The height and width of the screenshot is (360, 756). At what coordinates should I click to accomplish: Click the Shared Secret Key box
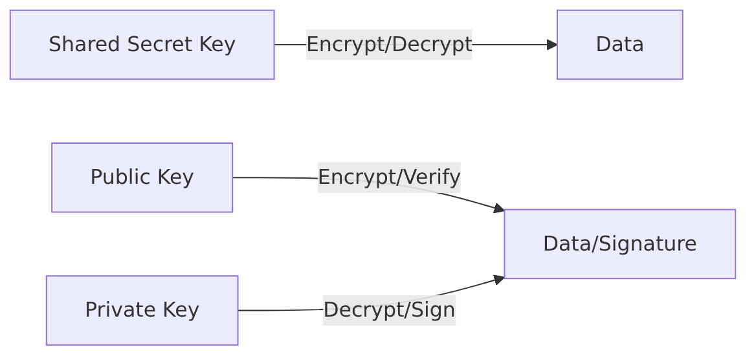click(x=142, y=45)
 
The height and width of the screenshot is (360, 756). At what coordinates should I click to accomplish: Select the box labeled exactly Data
click(x=620, y=45)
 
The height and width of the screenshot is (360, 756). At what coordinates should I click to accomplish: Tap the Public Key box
click(x=142, y=177)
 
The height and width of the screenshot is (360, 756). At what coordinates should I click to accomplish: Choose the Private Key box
click(x=142, y=310)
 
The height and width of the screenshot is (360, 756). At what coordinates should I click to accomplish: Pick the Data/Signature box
click(x=620, y=243)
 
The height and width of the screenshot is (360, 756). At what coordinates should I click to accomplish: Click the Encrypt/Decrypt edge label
click(x=389, y=45)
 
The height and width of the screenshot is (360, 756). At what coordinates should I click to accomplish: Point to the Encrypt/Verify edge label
click(x=389, y=177)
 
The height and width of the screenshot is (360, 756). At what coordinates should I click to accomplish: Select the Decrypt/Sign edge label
click(x=390, y=310)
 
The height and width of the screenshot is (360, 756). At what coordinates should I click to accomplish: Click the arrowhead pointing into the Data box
click(x=552, y=45)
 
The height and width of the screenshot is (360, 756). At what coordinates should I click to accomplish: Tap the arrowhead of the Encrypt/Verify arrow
click(x=500, y=208)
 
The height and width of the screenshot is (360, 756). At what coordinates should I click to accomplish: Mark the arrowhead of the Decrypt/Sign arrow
click(x=500, y=280)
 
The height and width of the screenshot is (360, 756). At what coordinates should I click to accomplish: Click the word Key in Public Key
click(x=175, y=177)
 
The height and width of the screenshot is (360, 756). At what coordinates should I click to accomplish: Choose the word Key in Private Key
click(x=181, y=310)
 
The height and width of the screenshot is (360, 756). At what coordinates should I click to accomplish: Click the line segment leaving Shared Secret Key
click(x=290, y=45)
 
